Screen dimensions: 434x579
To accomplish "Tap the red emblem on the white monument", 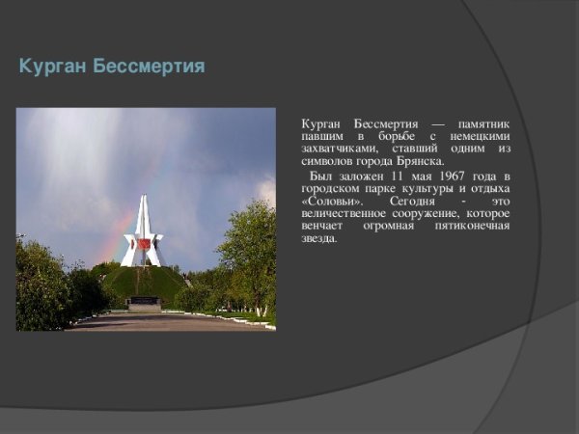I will (145, 245).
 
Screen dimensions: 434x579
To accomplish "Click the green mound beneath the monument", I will (145, 282).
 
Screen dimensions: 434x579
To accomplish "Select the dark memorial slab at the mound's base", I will (145, 302).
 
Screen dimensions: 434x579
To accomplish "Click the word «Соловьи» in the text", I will (328, 202).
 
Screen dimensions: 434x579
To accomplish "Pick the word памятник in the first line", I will (483, 125).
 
